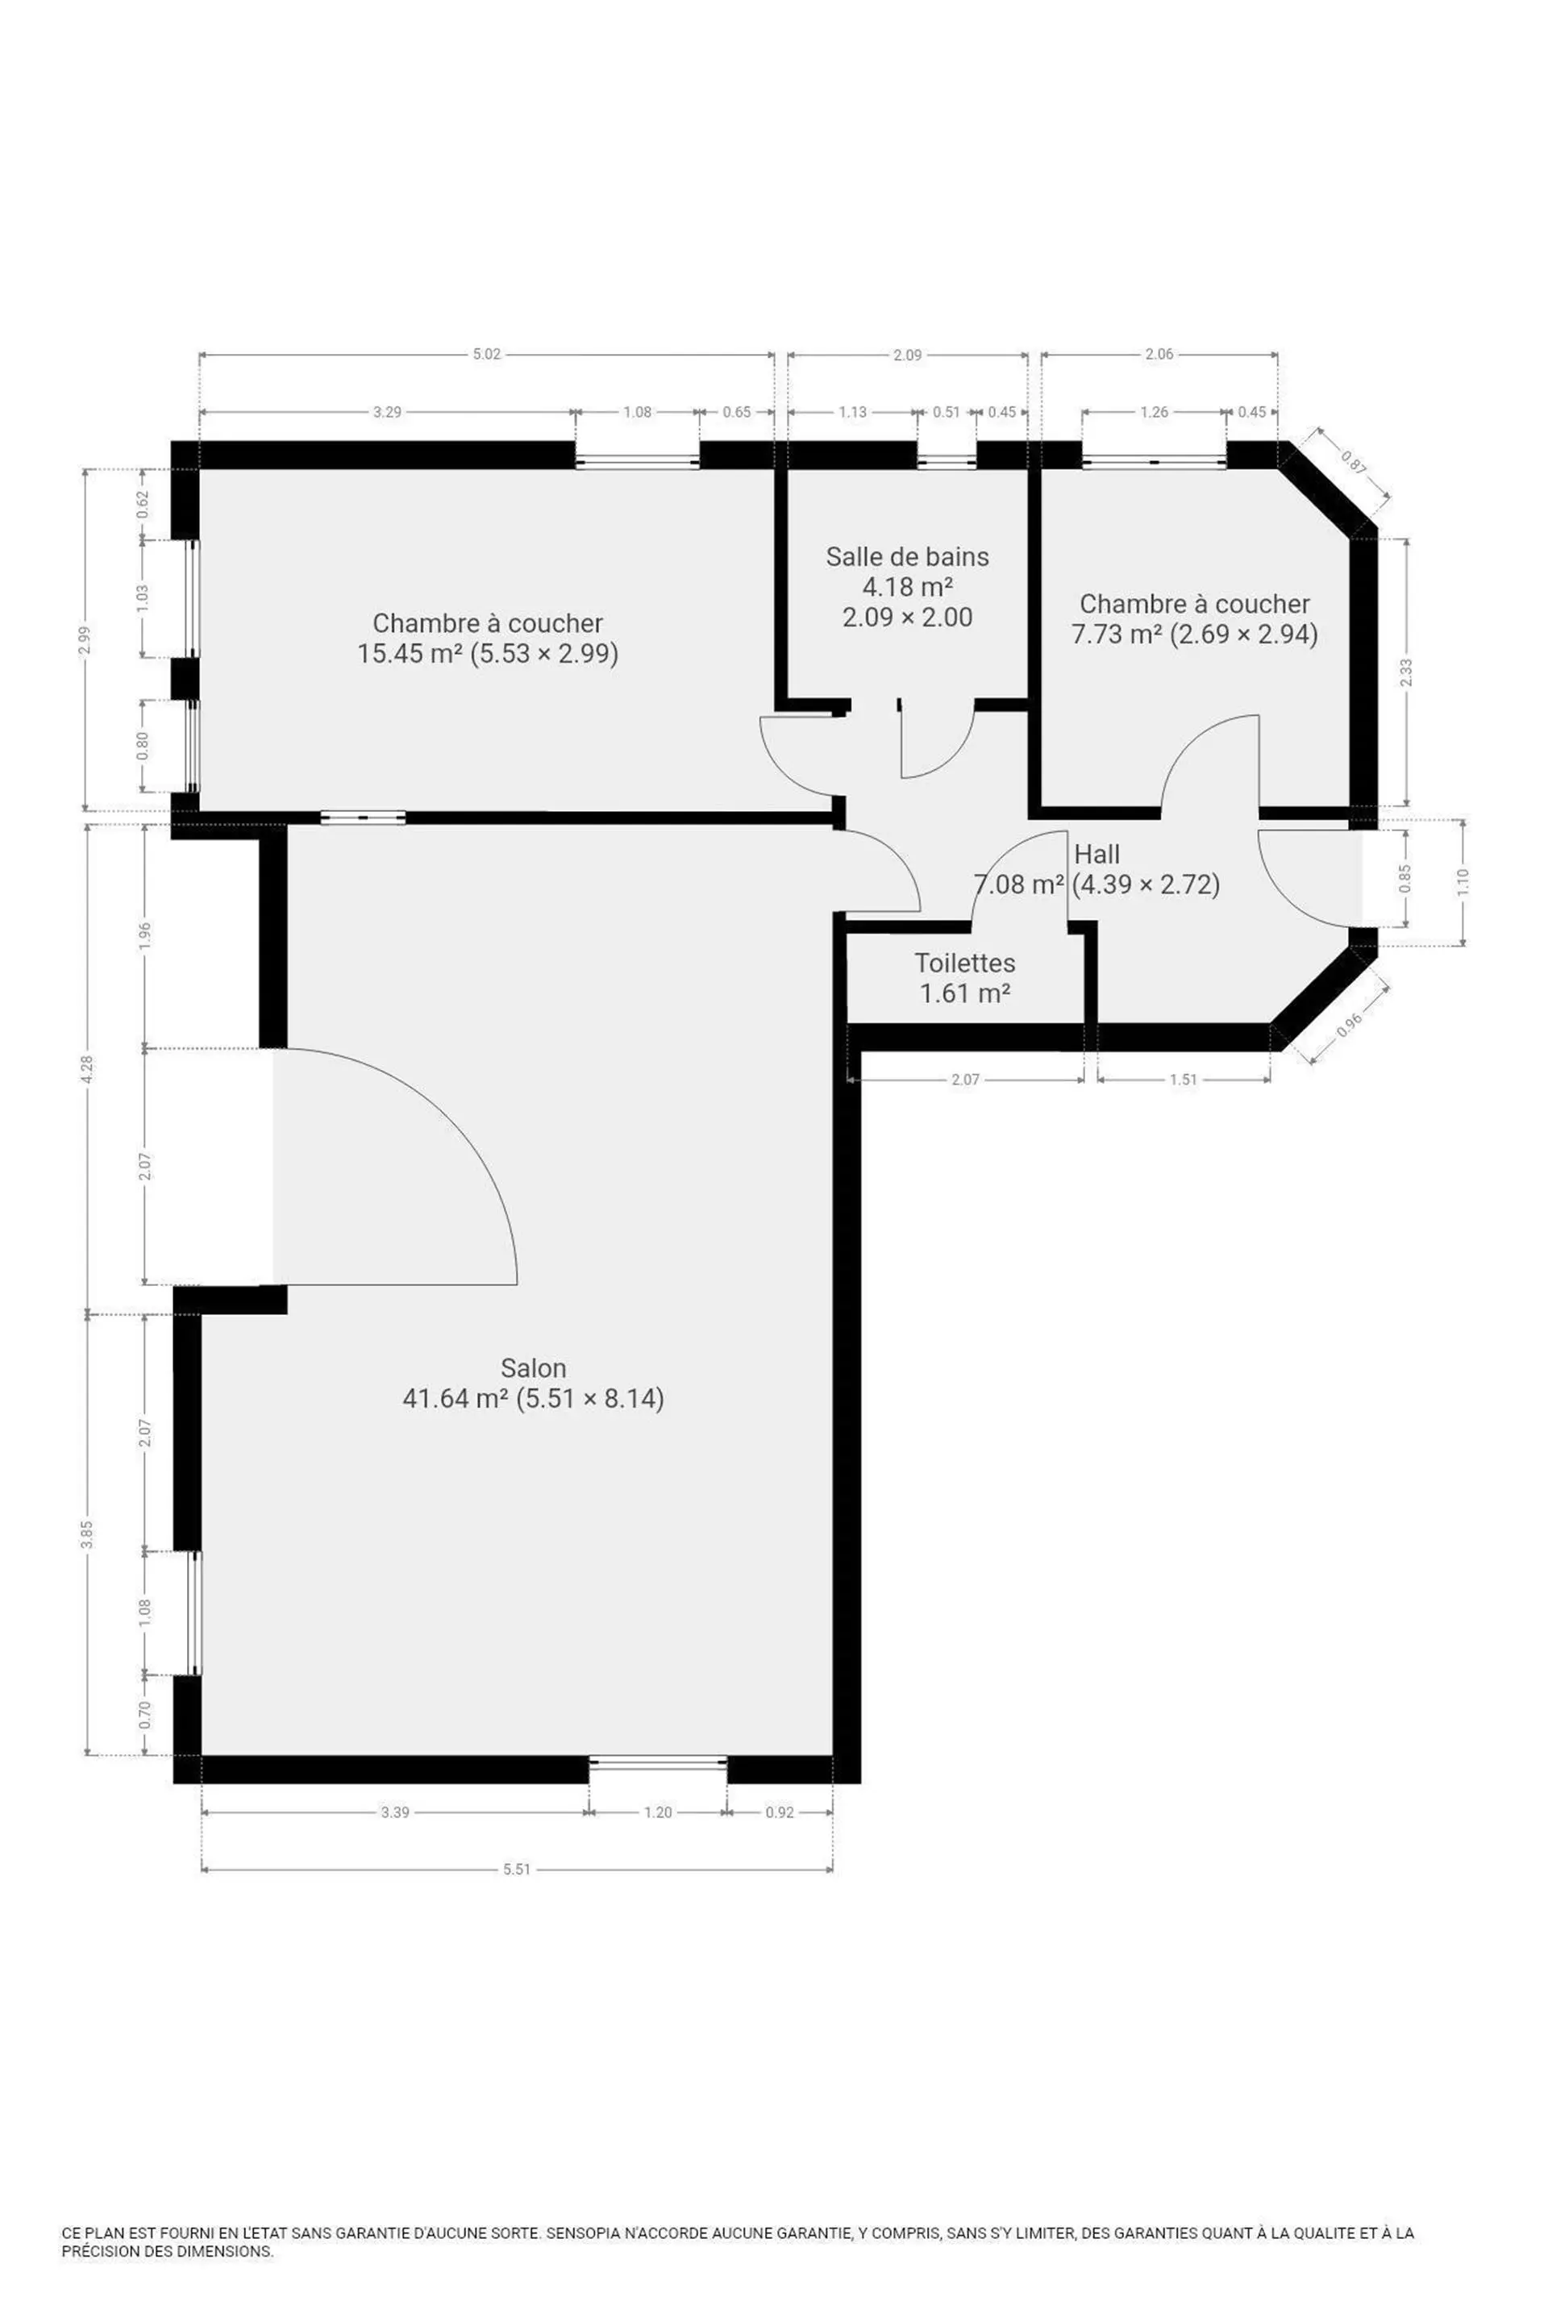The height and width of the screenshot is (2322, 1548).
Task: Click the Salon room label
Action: (533, 1367)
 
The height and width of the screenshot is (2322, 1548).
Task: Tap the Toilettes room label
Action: (964, 963)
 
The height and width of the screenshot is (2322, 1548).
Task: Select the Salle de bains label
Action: (907, 557)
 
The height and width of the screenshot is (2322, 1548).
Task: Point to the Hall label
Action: (1096, 854)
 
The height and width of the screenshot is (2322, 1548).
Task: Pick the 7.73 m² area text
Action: (1117, 634)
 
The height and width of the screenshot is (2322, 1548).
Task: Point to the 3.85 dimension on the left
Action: (87, 1535)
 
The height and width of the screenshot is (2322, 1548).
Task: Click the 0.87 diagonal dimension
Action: (1354, 463)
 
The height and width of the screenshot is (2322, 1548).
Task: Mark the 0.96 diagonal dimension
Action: (1349, 1026)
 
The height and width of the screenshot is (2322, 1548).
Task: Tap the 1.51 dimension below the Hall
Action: (1183, 1079)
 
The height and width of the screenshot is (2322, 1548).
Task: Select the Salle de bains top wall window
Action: (947, 460)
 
